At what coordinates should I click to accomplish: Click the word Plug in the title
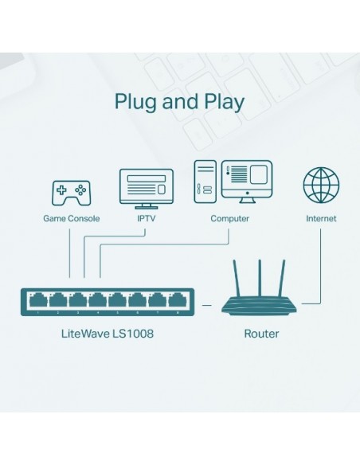click(x=136, y=102)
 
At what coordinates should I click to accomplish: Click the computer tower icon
click(x=205, y=181)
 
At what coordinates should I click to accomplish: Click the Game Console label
click(x=72, y=218)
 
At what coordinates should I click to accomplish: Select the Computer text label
click(x=229, y=218)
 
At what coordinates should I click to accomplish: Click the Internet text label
click(x=320, y=218)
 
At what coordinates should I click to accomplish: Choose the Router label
click(x=261, y=333)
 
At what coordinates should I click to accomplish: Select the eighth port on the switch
click(x=173, y=301)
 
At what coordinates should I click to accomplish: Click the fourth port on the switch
click(x=96, y=301)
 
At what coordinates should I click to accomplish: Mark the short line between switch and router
click(x=208, y=303)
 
